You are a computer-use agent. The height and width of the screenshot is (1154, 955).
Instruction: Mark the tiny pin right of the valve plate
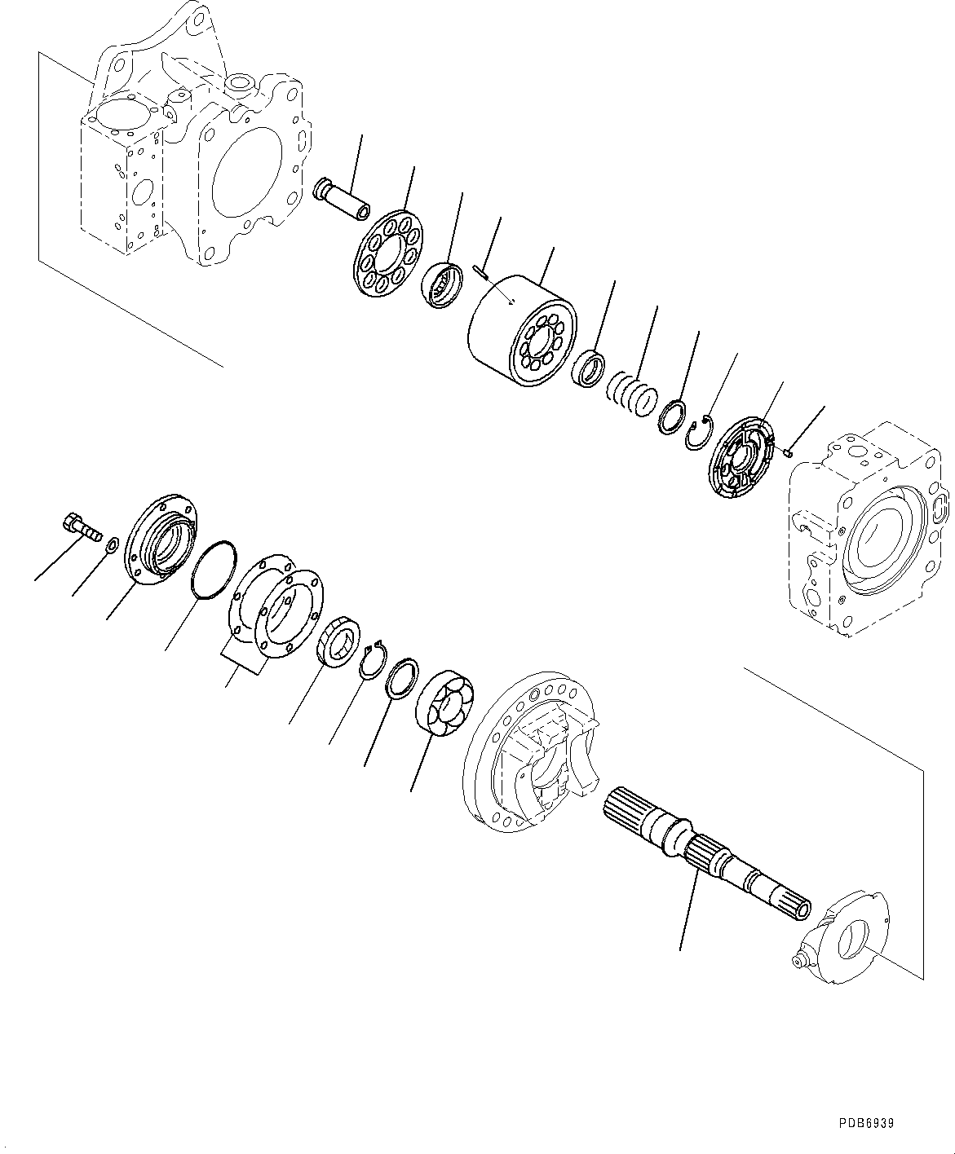pos(788,451)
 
